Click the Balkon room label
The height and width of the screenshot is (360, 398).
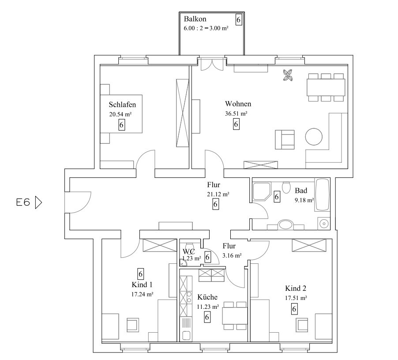195,19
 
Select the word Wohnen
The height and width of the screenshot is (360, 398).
238,104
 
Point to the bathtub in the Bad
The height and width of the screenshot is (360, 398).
323,195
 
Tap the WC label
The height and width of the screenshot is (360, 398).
188,251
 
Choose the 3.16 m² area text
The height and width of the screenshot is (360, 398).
232,255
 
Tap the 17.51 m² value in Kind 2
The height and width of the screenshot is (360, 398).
296,298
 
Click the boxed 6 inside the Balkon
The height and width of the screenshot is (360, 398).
239,20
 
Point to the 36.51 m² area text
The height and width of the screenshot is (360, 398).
236,113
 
